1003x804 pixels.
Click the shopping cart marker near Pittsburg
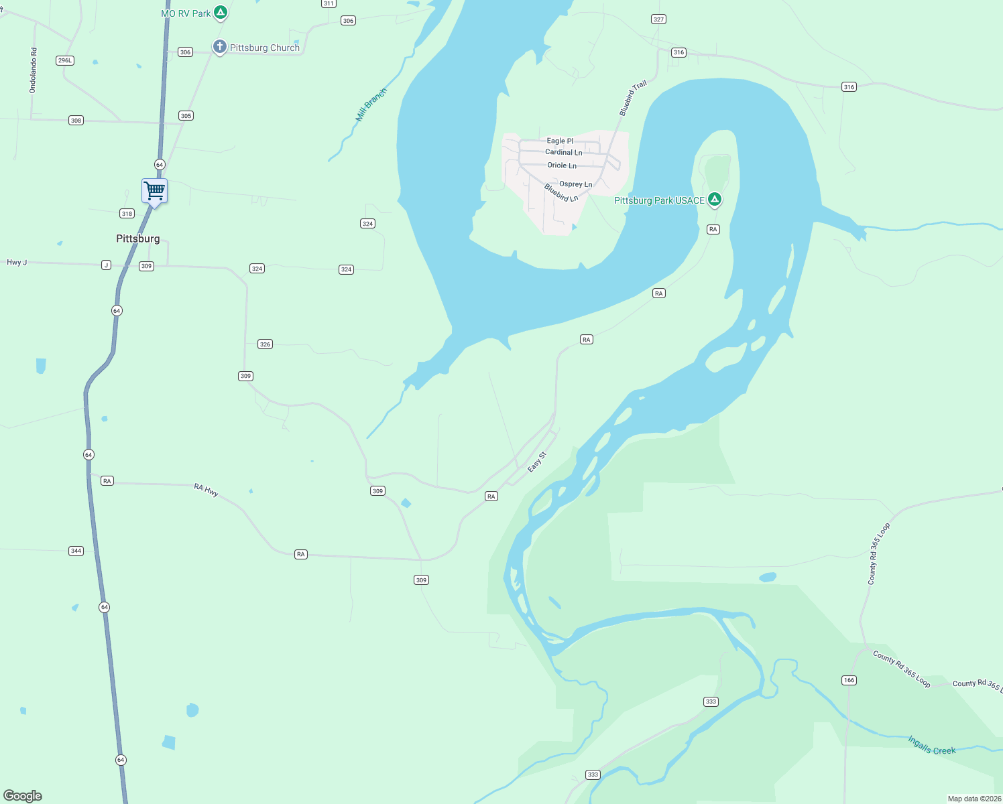tap(154, 192)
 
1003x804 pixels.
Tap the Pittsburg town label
tap(138, 239)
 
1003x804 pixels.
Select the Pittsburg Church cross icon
tap(219, 47)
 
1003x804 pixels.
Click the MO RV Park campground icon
tap(220, 13)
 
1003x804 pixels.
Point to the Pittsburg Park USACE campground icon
tap(715, 200)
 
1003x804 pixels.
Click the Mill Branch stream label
tap(371, 105)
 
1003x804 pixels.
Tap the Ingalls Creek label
tap(931, 745)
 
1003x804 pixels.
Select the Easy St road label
tap(537, 462)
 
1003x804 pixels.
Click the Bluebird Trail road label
tap(632, 98)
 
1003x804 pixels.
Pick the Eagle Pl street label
tap(560, 141)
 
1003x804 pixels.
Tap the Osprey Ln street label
tap(575, 184)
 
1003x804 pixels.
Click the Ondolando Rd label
tap(34, 70)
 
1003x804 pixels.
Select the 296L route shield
tap(65, 60)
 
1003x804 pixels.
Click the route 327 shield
tap(658, 19)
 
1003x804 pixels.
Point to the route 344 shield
tap(76, 551)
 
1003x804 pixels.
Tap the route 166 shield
tap(849, 680)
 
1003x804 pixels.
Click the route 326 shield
tap(265, 344)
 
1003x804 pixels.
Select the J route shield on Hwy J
tap(106, 265)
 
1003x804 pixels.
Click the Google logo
tap(23, 796)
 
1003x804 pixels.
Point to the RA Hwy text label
tap(206, 490)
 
